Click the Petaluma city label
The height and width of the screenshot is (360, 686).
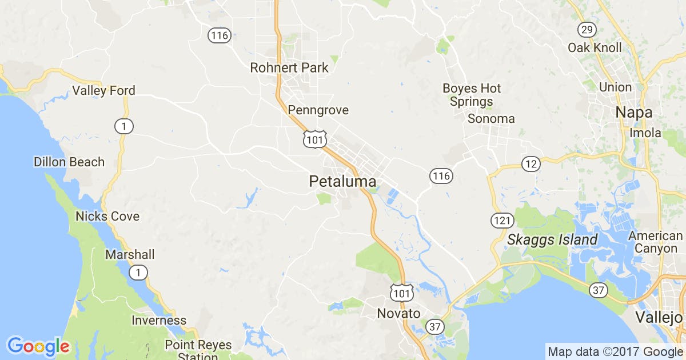(342, 182)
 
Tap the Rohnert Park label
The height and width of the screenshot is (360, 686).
(289, 68)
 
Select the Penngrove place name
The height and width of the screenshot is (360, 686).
(318, 110)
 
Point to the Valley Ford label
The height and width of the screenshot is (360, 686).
(103, 91)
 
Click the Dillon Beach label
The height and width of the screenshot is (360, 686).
(69, 162)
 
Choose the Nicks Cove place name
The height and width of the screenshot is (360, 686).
(107, 217)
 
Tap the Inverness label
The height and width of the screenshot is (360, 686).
(159, 321)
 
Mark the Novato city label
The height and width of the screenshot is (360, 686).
(398, 314)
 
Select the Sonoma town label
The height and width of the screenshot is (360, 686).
(491, 119)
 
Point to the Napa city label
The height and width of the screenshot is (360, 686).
(634, 113)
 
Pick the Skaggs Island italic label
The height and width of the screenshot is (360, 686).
(552, 240)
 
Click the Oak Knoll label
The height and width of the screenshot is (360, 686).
(595, 48)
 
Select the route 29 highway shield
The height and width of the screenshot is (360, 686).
(587, 30)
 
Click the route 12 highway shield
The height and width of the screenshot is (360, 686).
(531, 165)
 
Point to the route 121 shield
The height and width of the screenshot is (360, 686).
(501, 220)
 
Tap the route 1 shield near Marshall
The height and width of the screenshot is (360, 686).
(138, 273)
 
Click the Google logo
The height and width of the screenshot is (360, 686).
(38, 346)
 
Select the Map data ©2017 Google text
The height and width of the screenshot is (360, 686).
(615, 351)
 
